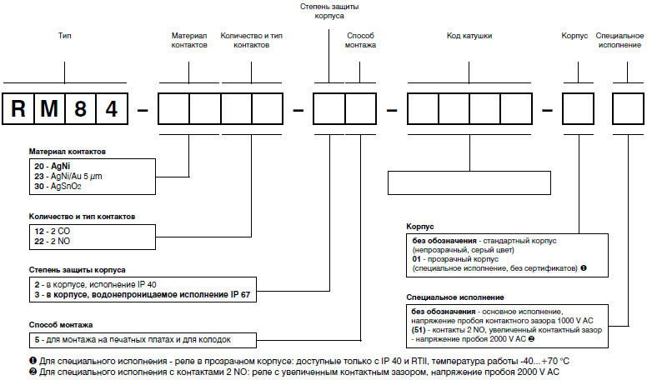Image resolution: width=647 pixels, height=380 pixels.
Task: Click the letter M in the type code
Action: pos(50,109)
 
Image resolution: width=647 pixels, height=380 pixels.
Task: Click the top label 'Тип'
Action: pos(65,37)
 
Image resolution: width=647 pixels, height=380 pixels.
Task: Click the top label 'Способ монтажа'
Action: pos(360,42)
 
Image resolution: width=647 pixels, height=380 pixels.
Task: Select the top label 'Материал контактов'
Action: pos(189,42)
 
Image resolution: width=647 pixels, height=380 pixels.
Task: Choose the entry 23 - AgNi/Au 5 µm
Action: pos(63,177)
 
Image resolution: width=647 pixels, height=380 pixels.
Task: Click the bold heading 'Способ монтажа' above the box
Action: pos(62,325)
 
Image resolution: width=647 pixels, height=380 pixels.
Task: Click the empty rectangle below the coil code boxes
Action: pos(469,182)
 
